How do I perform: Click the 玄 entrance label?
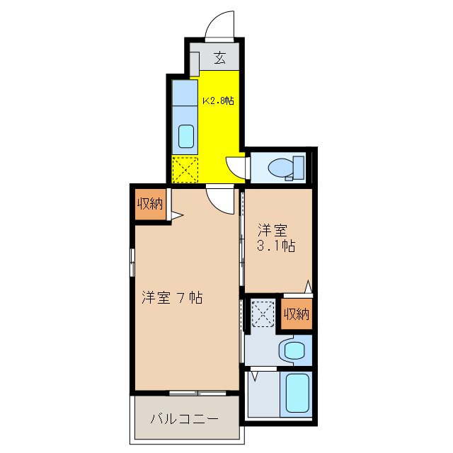[x=220, y=58]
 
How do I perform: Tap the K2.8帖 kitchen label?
[x=219, y=101]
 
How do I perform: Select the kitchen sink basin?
[x=186, y=134]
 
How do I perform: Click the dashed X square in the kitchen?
[x=185, y=169]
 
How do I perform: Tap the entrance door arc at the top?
[x=220, y=23]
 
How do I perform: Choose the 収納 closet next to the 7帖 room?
[x=150, y=205]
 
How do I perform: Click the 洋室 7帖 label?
[x=172, y=298]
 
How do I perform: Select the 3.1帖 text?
[x=276, y=246]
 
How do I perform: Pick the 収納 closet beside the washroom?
[x=297, y=314]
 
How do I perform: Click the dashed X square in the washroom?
[x=263, y=314]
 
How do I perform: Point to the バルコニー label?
[x=184, y=418]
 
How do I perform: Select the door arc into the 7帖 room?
[x=222, y=199]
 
